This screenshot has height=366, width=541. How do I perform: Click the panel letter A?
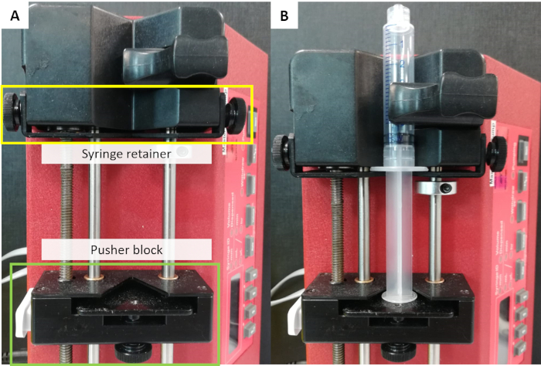click(14, 15)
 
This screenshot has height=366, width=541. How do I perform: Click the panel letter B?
click(284, 15)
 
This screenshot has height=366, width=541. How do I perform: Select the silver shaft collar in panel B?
click(433, 188)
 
